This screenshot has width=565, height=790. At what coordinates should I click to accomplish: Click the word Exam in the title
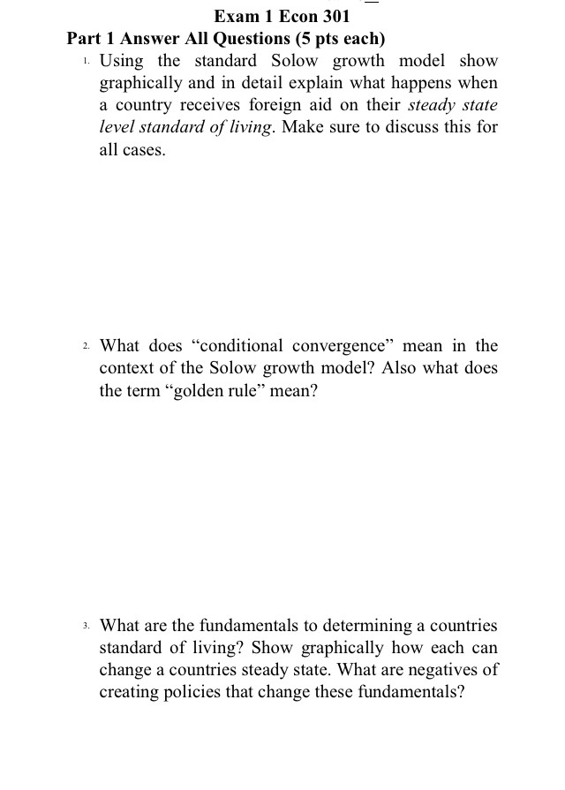tap(234, 16)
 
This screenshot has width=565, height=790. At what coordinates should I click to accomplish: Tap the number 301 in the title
tap(333, 16)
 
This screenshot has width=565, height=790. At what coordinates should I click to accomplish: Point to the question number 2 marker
tap(84, 346)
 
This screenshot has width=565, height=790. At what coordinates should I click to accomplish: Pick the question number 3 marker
tap(84, 626)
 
